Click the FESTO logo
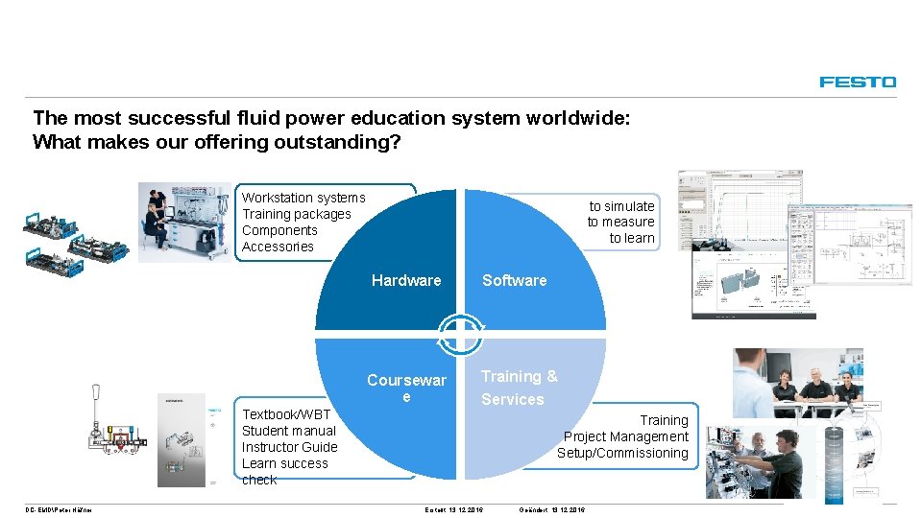pos(858,82)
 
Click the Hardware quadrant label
pos(406,280)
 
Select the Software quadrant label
pos(514,280)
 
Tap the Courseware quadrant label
pos(406,388)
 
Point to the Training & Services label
pos(519,388)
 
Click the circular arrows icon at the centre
pos(461,334)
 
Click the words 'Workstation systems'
pos(303,198)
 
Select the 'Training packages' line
pos(296,214)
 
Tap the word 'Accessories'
pos(278,247)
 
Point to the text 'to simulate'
pos(621,206)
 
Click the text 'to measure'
pos(620,223)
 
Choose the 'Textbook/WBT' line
pos(286,414)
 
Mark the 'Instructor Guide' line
pos(289,447)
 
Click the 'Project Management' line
pos(625,436)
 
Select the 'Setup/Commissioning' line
pos(622,453)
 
